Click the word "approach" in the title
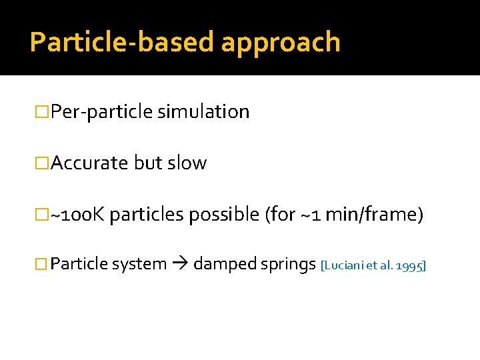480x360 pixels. click(280, 42)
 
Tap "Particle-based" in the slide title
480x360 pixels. click(123, 42)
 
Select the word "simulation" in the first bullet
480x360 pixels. click(203, 112)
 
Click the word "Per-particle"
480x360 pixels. click(102, 112)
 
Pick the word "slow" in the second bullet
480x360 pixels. click(187, 163)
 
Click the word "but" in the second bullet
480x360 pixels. click(148, 163)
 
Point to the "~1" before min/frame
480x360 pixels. click(321, 215)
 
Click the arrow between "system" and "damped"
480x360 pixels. click(180, 265)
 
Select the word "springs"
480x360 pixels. click(289, 265)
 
